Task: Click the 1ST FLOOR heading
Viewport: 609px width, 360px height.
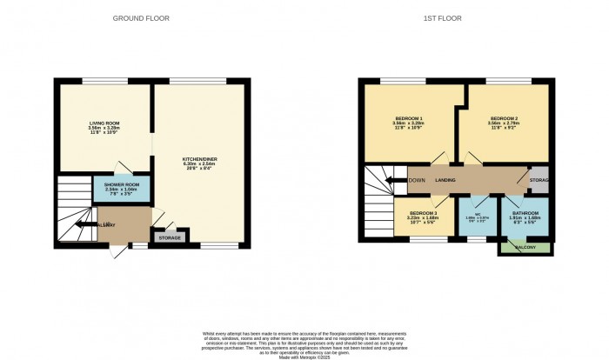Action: coord(456,18)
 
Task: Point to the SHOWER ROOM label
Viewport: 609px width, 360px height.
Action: coord(122,185)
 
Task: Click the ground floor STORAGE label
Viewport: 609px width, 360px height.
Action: coord(170,237)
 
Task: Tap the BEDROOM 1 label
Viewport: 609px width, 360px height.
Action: coord(409,118)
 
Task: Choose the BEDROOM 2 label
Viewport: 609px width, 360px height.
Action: coord(504,118)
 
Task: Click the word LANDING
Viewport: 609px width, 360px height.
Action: coord(445,180)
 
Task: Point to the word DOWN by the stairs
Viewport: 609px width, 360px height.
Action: coord(416,180)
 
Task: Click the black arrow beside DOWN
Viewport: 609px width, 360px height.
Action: coord(397,180)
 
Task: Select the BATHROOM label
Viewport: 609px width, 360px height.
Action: coord(525,213)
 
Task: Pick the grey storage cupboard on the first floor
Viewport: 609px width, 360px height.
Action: coord(539,180)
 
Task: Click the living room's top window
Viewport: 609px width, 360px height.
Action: coord(97,81)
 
